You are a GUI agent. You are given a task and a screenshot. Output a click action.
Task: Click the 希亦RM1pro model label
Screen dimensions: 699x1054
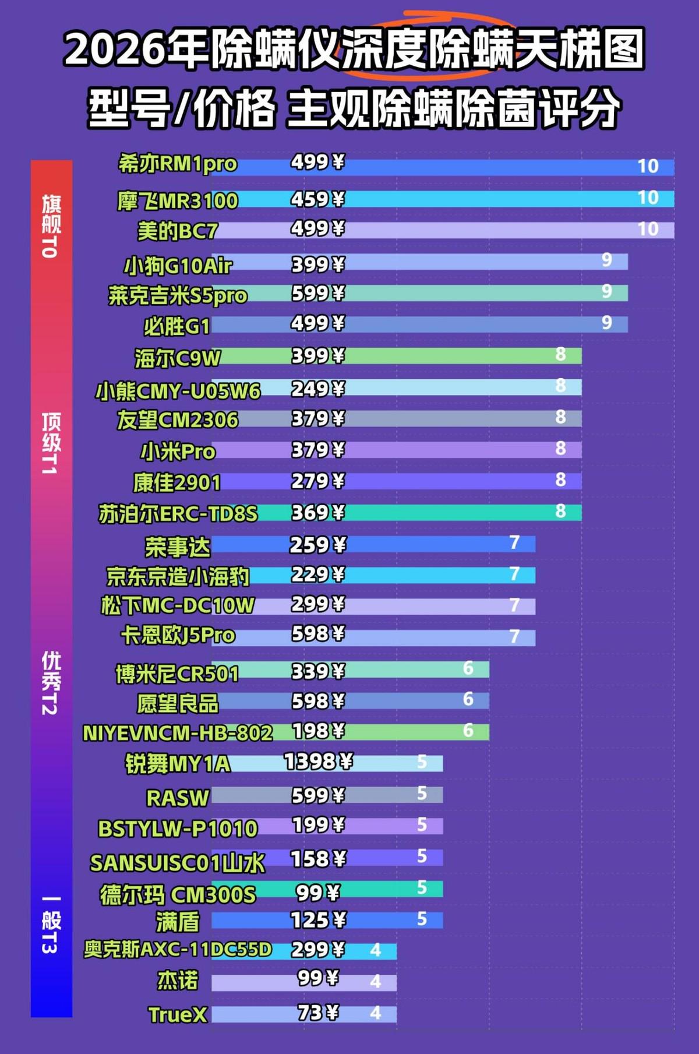pyautogui.click(x=178, y=164)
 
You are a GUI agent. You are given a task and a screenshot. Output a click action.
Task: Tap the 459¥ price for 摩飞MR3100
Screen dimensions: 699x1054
pyautogui.click(x=317, y=199)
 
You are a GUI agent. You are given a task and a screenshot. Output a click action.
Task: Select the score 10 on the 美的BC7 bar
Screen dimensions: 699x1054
pyautogui.click(x=648, y=229)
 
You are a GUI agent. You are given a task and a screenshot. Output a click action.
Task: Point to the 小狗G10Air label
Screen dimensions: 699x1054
pyautogui.click(x=178, y=266)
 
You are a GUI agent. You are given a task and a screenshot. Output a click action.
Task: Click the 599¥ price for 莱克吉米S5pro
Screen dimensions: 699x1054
pyautogui.click(x=317, y=293)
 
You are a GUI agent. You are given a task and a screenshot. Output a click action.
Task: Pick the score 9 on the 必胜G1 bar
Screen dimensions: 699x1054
pyautogui.click(x=607, y=322)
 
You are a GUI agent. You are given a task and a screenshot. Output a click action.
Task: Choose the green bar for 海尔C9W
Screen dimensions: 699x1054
pyautogui.click(x=397, y=355)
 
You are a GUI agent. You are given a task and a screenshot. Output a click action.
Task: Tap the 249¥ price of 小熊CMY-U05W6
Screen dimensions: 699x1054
pyautogui.click(x=317, y=389)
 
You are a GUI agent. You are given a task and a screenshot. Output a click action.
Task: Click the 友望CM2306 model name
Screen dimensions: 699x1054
pyautogui.click(x=178, y=420)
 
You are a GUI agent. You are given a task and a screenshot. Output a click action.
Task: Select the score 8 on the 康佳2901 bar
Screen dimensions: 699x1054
pyautogui.click(x=560, y=480)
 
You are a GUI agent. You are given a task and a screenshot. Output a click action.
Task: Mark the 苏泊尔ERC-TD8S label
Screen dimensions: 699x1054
pyautogui.click(x=178, y=514)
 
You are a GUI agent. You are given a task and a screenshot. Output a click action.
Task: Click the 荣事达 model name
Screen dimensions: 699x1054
pyautogui.click(x=178, y=547)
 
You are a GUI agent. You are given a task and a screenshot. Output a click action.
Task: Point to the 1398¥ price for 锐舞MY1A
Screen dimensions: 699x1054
pyautogui.click(x=318, y=762)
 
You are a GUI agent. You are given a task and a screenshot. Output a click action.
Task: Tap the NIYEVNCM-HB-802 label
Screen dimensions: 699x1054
pyautogui.click(x=178, y=733)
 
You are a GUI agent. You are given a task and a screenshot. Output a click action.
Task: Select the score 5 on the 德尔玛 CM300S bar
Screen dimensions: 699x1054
pyautogui.click(x=422, y=887)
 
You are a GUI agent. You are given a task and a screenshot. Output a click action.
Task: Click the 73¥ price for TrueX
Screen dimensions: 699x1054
pyautogui.click(x=318, y=1013)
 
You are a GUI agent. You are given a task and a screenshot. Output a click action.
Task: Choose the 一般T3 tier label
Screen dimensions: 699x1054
pyautogui.click(x=51, y=925)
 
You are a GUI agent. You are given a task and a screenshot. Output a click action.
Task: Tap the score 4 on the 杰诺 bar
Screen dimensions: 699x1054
pyautogui.click(x=376, y=982)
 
